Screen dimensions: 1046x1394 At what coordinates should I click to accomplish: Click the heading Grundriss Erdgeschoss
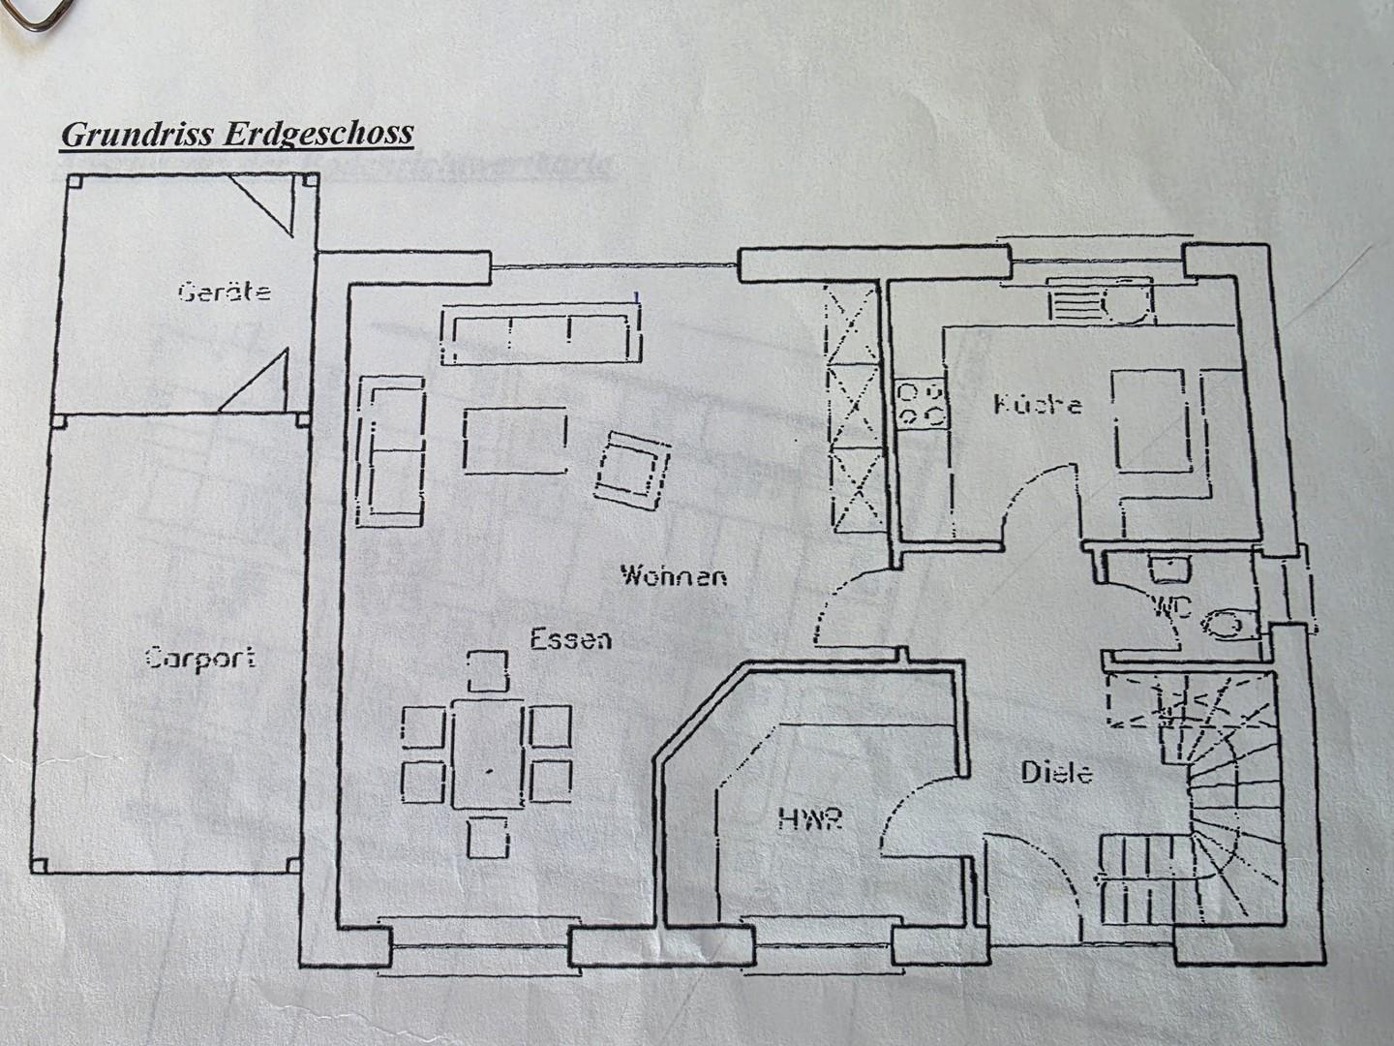coord(237,133)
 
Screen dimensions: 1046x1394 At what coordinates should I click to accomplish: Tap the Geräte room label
coord(225,291)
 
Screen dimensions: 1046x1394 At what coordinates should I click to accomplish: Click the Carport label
coord(200,659)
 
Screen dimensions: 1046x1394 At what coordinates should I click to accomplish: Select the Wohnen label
coord(674,576)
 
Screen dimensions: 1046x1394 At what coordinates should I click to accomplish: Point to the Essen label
coord(570,639)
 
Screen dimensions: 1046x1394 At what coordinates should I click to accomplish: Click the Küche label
coord(1038,404)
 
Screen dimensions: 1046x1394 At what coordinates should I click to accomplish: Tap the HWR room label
coord(811,820)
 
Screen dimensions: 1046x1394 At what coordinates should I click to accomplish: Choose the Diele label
coord(1057,772)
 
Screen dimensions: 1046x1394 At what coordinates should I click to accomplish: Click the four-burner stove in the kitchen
coord(921,404)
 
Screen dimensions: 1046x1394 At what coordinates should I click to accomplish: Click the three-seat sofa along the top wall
coord(540,335)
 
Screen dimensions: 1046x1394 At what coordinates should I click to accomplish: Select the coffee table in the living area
coord(515,442)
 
